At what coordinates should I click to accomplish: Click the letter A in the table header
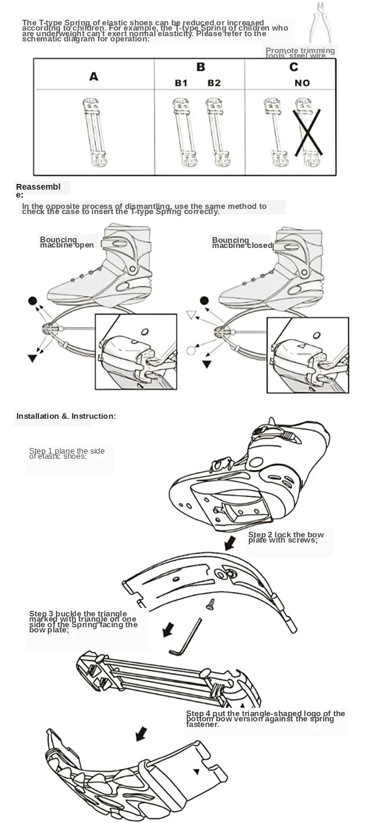click(x=94, y=76)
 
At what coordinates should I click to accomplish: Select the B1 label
click(x=181, y=83)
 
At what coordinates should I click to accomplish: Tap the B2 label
click(x=214, y=83)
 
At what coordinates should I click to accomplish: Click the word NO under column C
click(x=302, y=83)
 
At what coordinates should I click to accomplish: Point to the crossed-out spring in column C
click(x=307, y=132)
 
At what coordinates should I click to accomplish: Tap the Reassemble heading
click(x=38, y=191)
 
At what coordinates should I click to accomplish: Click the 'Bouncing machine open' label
click(x=66, y=242)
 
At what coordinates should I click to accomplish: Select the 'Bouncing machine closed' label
click(x=242, y=243)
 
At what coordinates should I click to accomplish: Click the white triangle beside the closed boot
click(x=190, y=315)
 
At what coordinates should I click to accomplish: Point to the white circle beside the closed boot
click(x=190, y=351)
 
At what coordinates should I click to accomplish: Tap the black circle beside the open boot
click(x=32, y=301)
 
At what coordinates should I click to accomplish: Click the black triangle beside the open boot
click(x=32, y=359)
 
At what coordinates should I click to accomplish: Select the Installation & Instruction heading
click(x=66, y=416)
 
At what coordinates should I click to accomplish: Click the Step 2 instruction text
click(x=285, y=537)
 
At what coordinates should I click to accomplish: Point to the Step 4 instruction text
click(x=265, y=719)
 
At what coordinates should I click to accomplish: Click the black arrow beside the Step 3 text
click(x=167, y=629)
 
